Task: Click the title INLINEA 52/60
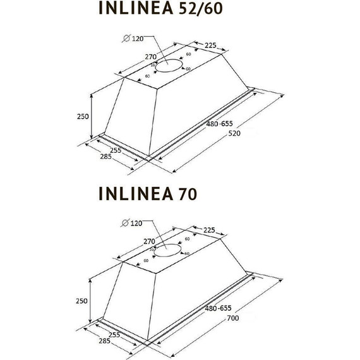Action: pos(161,9)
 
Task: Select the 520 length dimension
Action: pos(234,133)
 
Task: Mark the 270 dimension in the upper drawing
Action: pos(150,57)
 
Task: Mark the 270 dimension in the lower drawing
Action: pos(150,241)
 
